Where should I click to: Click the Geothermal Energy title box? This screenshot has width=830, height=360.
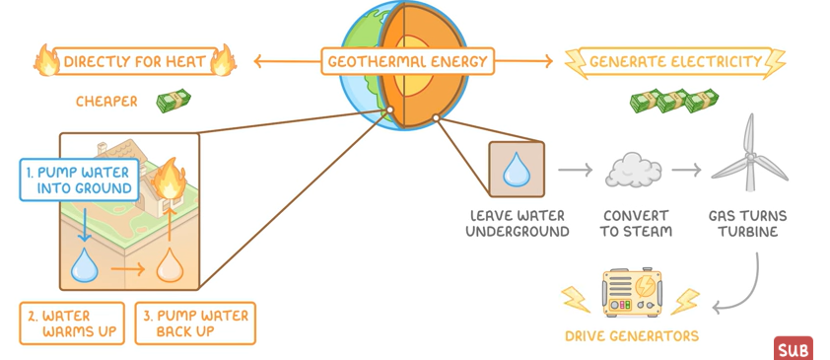(407, 62)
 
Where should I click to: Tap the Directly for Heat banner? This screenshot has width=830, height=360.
(135, 62)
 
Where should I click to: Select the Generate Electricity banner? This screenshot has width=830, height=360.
(674, 62)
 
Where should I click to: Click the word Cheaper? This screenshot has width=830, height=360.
(107, 102)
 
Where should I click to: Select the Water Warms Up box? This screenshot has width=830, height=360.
(72, 324)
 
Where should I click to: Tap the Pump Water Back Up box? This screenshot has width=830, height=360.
(194, 324)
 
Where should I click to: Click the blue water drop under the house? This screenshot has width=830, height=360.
(85, 263)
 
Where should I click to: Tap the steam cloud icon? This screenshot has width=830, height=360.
(632, 171)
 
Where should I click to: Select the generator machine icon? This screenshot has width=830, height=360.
(631, 294)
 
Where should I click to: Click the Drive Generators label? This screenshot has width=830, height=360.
(631, 336)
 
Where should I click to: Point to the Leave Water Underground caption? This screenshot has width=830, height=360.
(518, 223)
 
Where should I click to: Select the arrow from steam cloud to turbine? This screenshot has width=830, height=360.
(686, 171)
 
